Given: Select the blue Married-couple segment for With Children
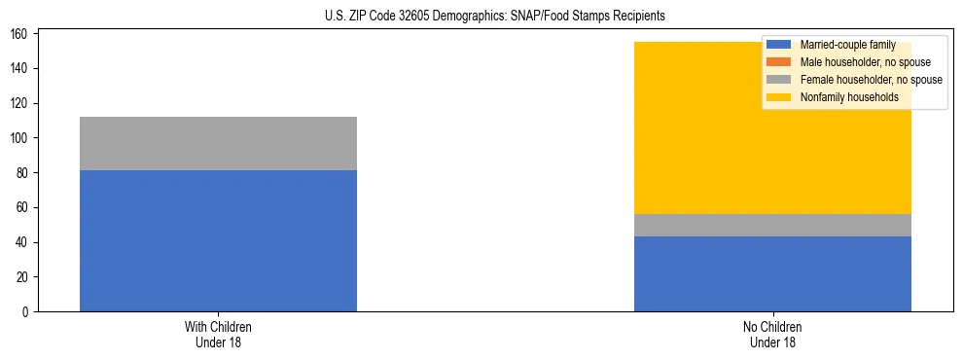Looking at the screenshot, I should point(218,240).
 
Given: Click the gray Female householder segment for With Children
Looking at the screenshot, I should point(218,143).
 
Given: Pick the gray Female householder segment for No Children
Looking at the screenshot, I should point(772,225).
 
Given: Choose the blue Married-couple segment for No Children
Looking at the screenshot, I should point(772,273).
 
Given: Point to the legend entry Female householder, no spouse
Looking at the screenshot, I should point(856,80).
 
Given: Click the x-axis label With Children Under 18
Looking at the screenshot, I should point(218,334).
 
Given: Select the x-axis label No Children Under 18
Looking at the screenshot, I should point(772,334).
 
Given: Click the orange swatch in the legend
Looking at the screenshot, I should point(779,62).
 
